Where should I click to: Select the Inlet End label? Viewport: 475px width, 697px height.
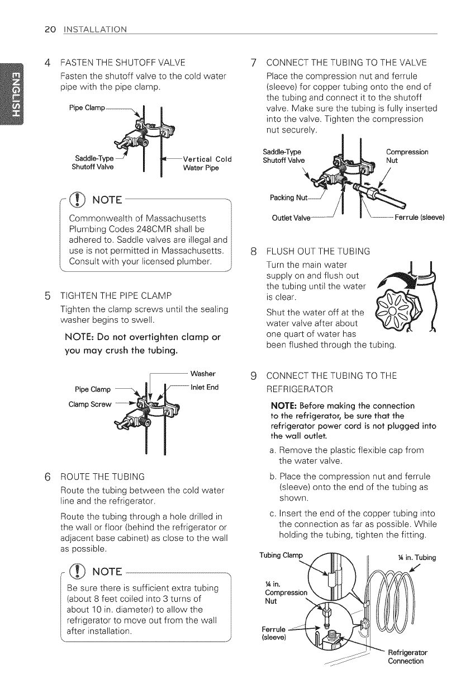(205, 387)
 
